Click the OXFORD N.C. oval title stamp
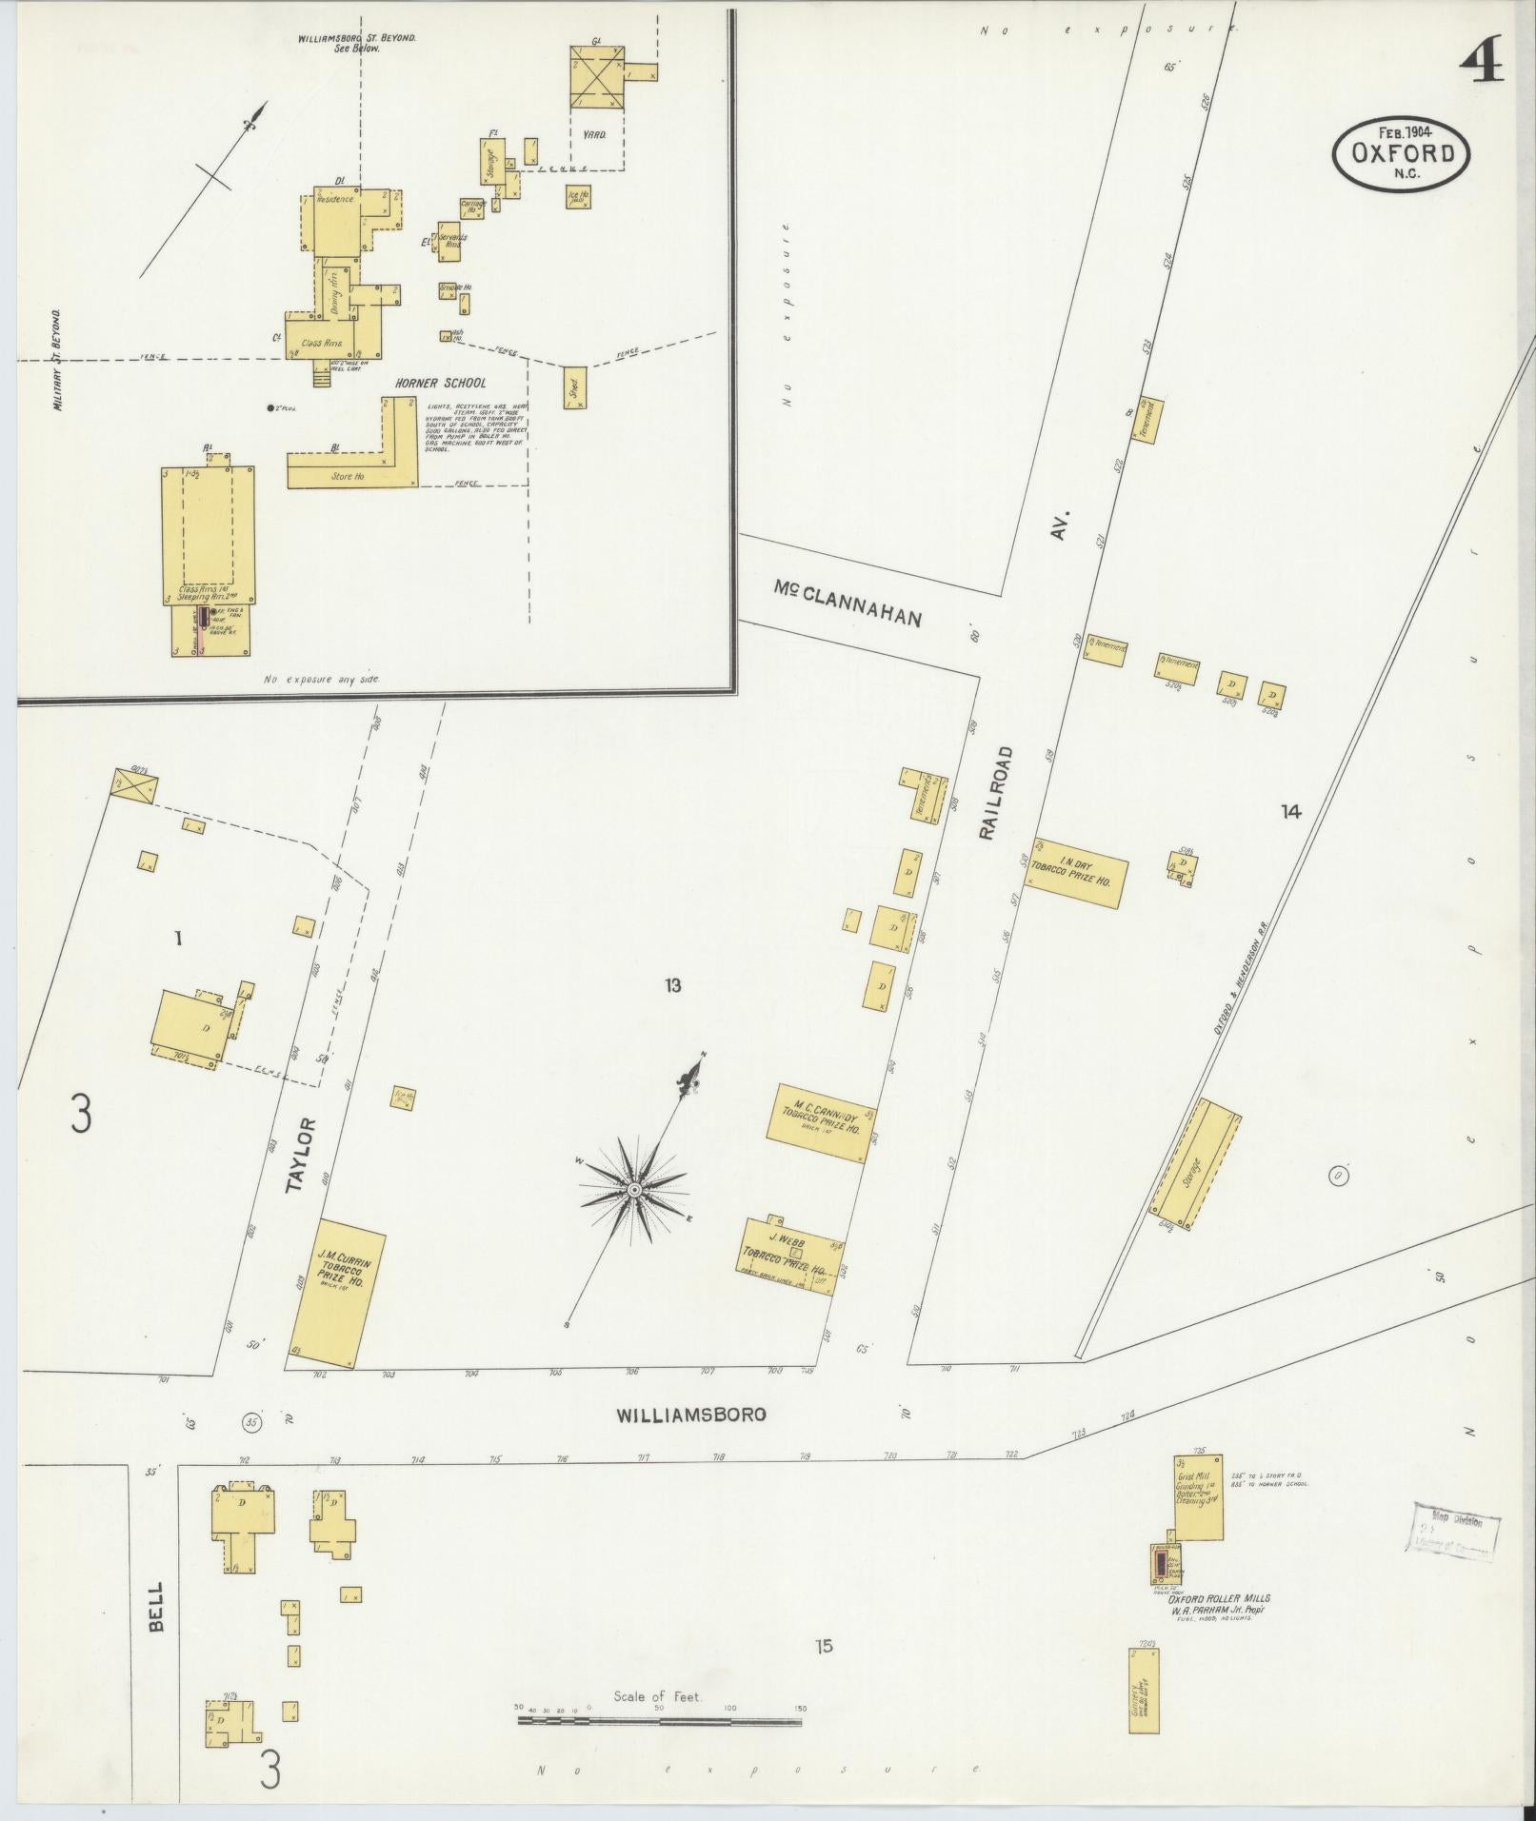pos(1401,154)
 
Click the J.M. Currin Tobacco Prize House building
pos(336,1293)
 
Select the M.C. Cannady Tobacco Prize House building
pos(820,1123)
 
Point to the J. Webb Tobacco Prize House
pos(789,1255)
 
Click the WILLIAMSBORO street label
pos(690,1415)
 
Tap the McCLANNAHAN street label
pos(848,605)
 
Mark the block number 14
pos(1290,811)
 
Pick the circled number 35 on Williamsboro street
pos(251,1422)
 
